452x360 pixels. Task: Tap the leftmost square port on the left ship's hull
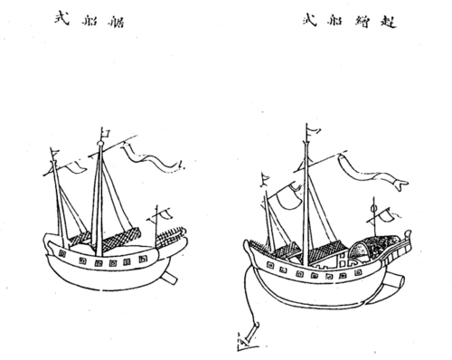point(61,257)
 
